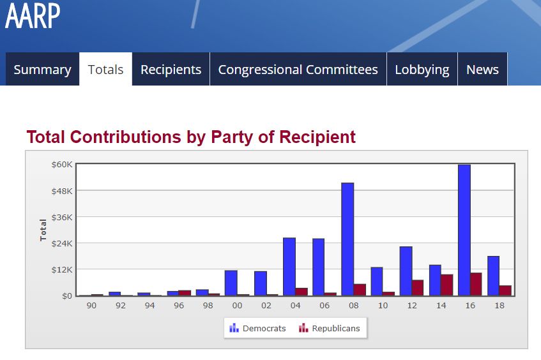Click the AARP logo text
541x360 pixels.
33,16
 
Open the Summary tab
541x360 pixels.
42,70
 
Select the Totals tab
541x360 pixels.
105,70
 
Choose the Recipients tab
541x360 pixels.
171,70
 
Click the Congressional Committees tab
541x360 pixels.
298,70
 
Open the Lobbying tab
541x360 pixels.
422,70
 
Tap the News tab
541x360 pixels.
482,70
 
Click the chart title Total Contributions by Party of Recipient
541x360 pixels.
191,137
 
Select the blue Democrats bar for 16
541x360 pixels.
464,230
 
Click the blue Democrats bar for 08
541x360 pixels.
347,239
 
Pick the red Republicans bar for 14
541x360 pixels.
446,285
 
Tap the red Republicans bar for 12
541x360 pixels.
418,288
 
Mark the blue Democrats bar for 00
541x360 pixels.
231,283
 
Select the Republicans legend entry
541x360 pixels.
330,328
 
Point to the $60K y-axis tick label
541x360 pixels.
62,165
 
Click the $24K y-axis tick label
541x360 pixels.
62,243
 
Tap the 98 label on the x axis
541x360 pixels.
208,306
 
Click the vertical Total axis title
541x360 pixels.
43,230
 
